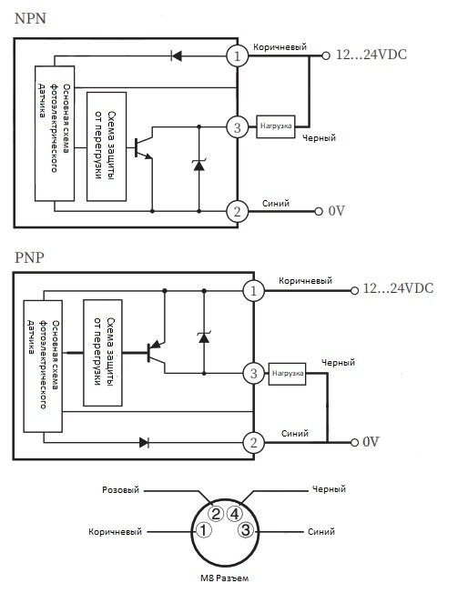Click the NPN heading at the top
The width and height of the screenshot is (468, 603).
(30, 18)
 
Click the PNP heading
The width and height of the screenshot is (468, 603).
(29, 257)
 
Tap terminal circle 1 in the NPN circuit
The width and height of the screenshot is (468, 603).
(237, 56)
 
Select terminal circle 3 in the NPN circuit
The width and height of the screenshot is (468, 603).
(237, 127)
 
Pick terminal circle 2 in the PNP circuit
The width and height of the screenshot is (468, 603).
(253, 443)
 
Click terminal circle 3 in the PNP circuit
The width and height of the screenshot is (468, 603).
(253, 373)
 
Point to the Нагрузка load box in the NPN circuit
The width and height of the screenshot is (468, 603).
(276, 126)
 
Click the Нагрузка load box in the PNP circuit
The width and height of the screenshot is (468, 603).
(287, 374)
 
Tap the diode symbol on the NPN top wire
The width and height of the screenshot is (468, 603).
(177, 56)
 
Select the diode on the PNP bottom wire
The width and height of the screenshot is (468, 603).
(145, 443)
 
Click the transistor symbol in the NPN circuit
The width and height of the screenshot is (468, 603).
(144, 147)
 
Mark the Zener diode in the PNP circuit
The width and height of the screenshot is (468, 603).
(204, 337)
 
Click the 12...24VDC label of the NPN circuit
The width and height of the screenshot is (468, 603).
(371, 55)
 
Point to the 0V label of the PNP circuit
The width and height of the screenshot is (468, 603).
(371, 442)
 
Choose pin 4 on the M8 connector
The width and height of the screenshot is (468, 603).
(235, 514)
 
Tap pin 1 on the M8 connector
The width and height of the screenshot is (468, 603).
(204, 530)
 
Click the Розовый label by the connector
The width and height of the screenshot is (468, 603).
(120, 490)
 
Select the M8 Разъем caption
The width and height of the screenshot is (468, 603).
(224, 578)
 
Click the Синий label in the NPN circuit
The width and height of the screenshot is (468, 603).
(276, 204)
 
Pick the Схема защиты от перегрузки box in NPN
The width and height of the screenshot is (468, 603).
(107, 146)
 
